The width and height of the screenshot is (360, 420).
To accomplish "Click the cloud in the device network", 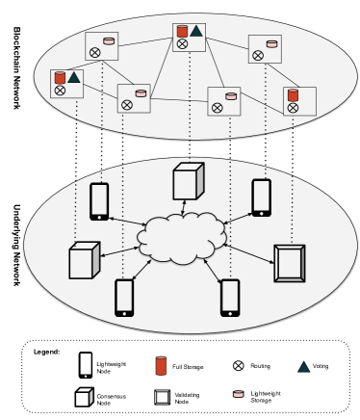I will point(181,238).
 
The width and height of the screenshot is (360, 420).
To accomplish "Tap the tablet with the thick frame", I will point(289,263).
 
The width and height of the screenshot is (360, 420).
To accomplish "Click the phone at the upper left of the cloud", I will point(99,201).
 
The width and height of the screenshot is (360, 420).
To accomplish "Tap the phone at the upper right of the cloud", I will point(261,197).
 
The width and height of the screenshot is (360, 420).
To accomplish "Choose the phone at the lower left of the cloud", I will point(124,298).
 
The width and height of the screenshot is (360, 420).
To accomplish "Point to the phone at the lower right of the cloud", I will point(230,298).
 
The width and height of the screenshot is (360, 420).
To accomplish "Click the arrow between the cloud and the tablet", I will point(249,253).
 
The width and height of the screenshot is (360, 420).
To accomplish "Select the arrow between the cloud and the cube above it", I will point(184,207).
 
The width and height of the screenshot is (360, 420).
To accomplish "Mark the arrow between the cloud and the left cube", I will point(120,250).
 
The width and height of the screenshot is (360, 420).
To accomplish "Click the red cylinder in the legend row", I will point(161,366).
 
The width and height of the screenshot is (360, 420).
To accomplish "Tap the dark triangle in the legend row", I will point(303,367).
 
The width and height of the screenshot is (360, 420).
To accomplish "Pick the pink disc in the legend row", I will point(238,394).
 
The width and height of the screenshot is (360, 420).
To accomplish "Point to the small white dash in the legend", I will point(84,390).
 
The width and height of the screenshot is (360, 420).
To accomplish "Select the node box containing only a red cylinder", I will point(299,101).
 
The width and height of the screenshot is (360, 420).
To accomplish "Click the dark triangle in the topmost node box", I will point(196,31).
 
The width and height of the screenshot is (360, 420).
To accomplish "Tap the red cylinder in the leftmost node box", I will point(60,77).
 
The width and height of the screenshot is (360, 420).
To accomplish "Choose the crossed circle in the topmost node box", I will point(182,43).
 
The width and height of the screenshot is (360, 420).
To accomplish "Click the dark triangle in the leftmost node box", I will point(74,77).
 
